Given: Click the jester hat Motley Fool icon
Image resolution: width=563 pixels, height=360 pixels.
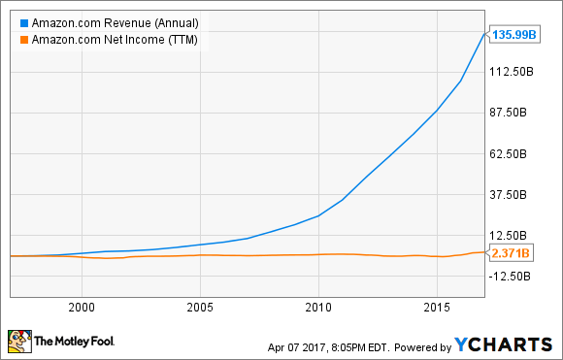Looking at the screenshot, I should pos(18,342).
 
